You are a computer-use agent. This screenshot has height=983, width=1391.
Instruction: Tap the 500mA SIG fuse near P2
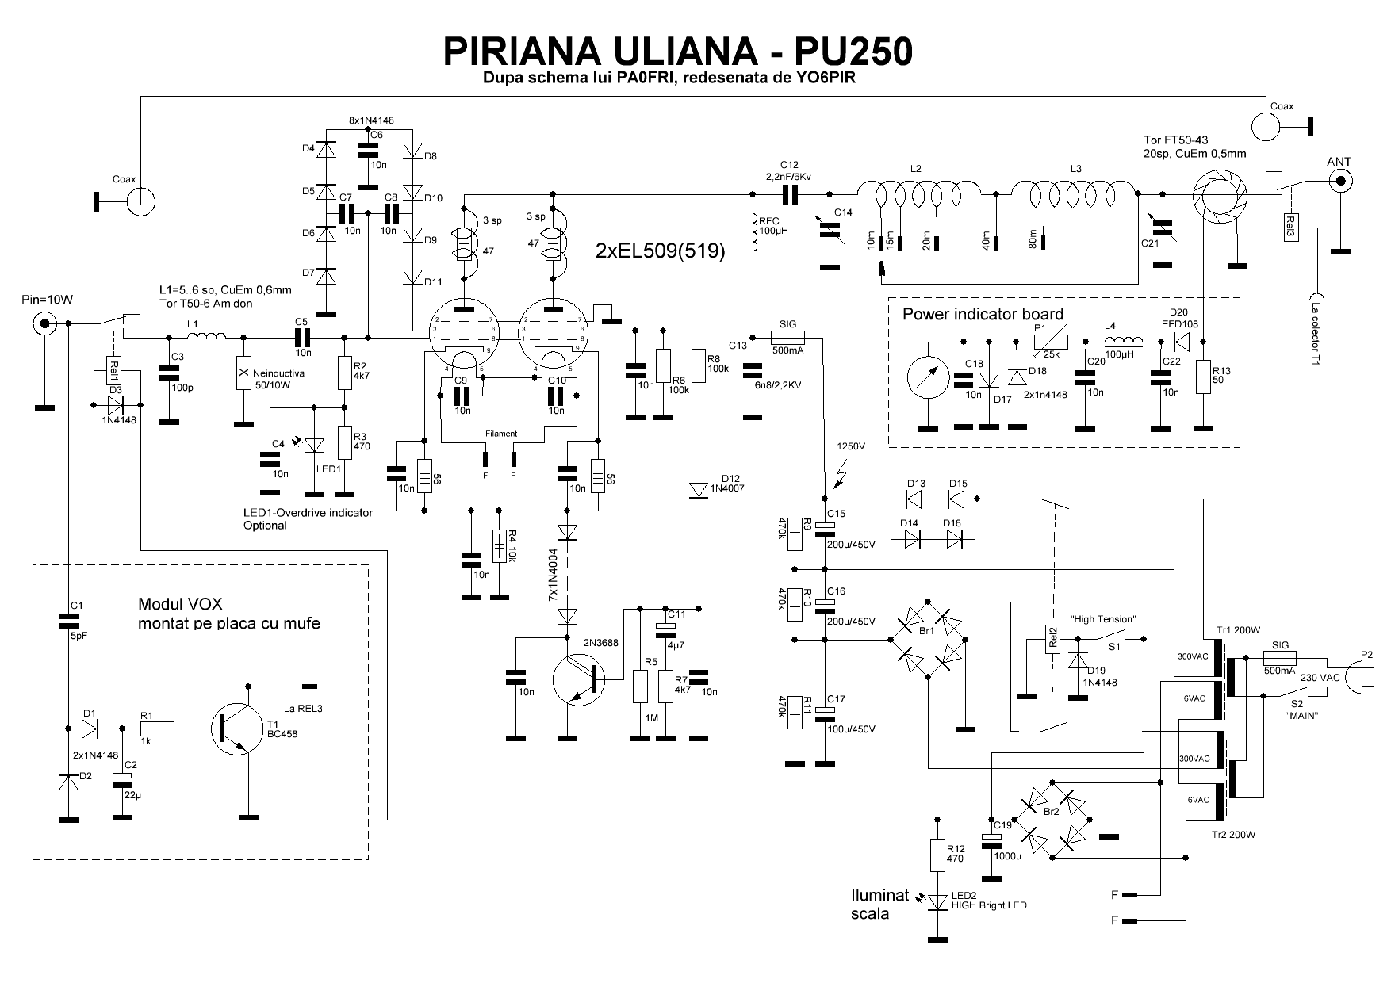point(1278,657)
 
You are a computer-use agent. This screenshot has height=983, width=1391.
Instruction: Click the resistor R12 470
point(939,855)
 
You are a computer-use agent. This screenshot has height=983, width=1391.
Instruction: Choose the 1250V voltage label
point(851,446)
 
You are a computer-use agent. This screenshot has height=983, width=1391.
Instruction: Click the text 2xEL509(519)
point(660,252)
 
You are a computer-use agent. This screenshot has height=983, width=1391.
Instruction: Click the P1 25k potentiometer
point(1051,341)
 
